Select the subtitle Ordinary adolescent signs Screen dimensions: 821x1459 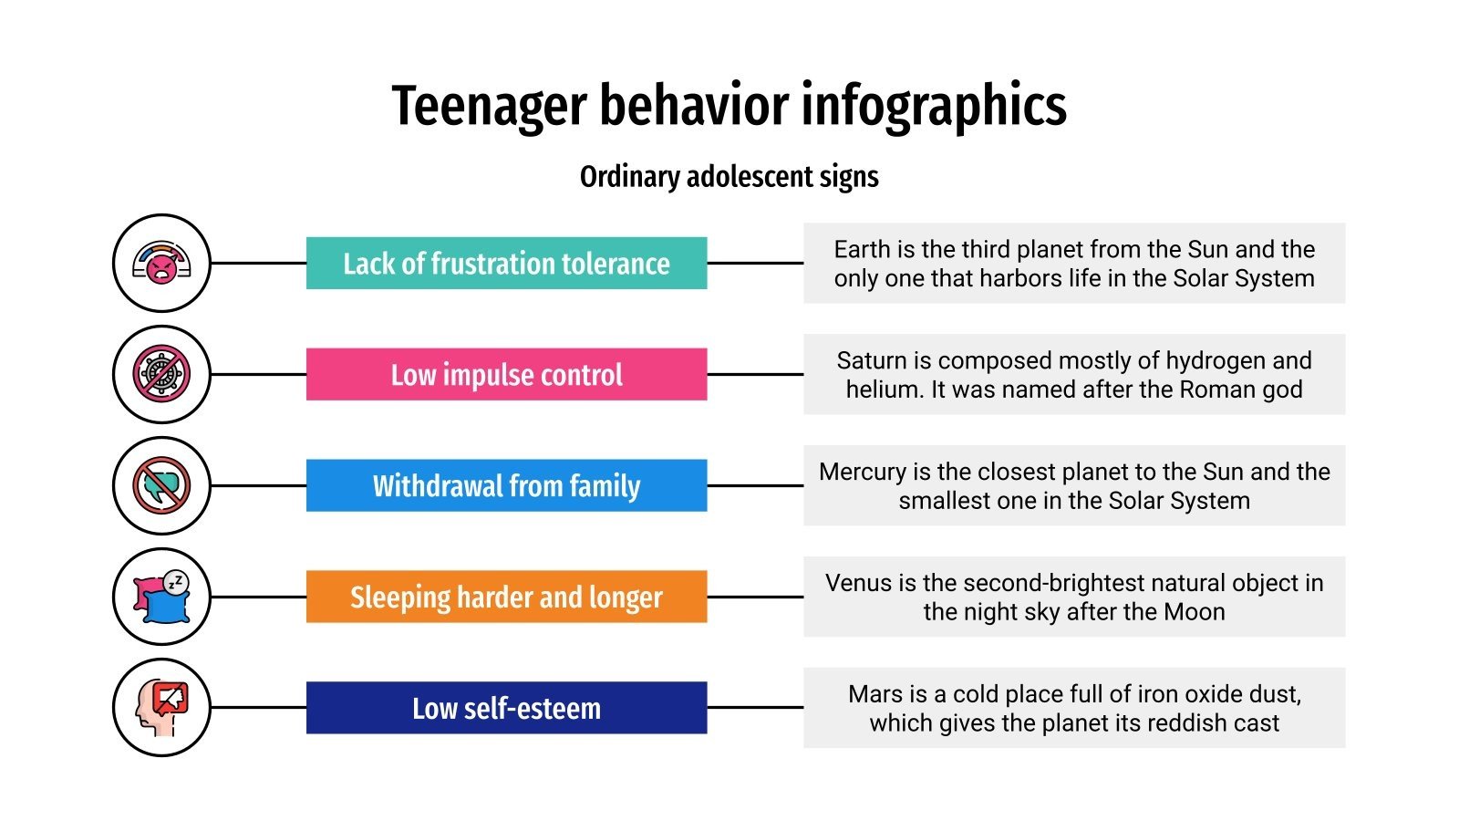(729, 176)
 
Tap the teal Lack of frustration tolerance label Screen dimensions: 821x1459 (506, 264)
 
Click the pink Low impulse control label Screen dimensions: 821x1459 (506, 375)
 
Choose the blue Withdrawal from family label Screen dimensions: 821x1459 (506, 485)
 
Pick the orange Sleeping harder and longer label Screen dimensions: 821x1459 (506, 597)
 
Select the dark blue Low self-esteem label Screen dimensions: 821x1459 (506, 708)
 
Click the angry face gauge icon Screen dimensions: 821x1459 (161, 264)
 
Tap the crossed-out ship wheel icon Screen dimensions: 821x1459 (161, 374)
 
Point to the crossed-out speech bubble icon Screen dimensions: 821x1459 (161, 485)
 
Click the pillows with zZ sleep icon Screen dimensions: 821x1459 (161, 597)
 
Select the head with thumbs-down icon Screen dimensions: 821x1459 (161, 708)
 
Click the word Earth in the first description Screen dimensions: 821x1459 (862, 249)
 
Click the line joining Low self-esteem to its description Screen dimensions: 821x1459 (755, 708)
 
